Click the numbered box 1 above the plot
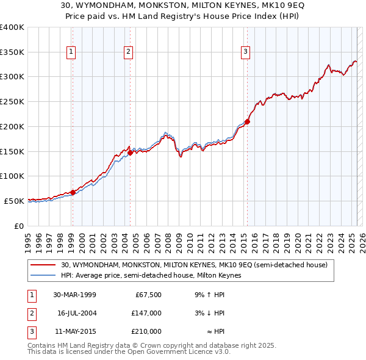[x=71, y=52]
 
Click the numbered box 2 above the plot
[x=129, y=52]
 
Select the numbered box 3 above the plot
[x=245, y=52]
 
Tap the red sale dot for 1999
[x=73, y=192]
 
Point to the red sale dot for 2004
[x=130, y=153]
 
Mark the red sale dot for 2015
[x=247, y=121]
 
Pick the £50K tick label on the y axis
[x=14, y=201]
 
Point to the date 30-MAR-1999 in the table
[x=74, y=295]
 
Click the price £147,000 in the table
[x=146, y=313]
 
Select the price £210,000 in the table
[x=146, y=331]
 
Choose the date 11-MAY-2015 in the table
[x=74, y=331]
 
